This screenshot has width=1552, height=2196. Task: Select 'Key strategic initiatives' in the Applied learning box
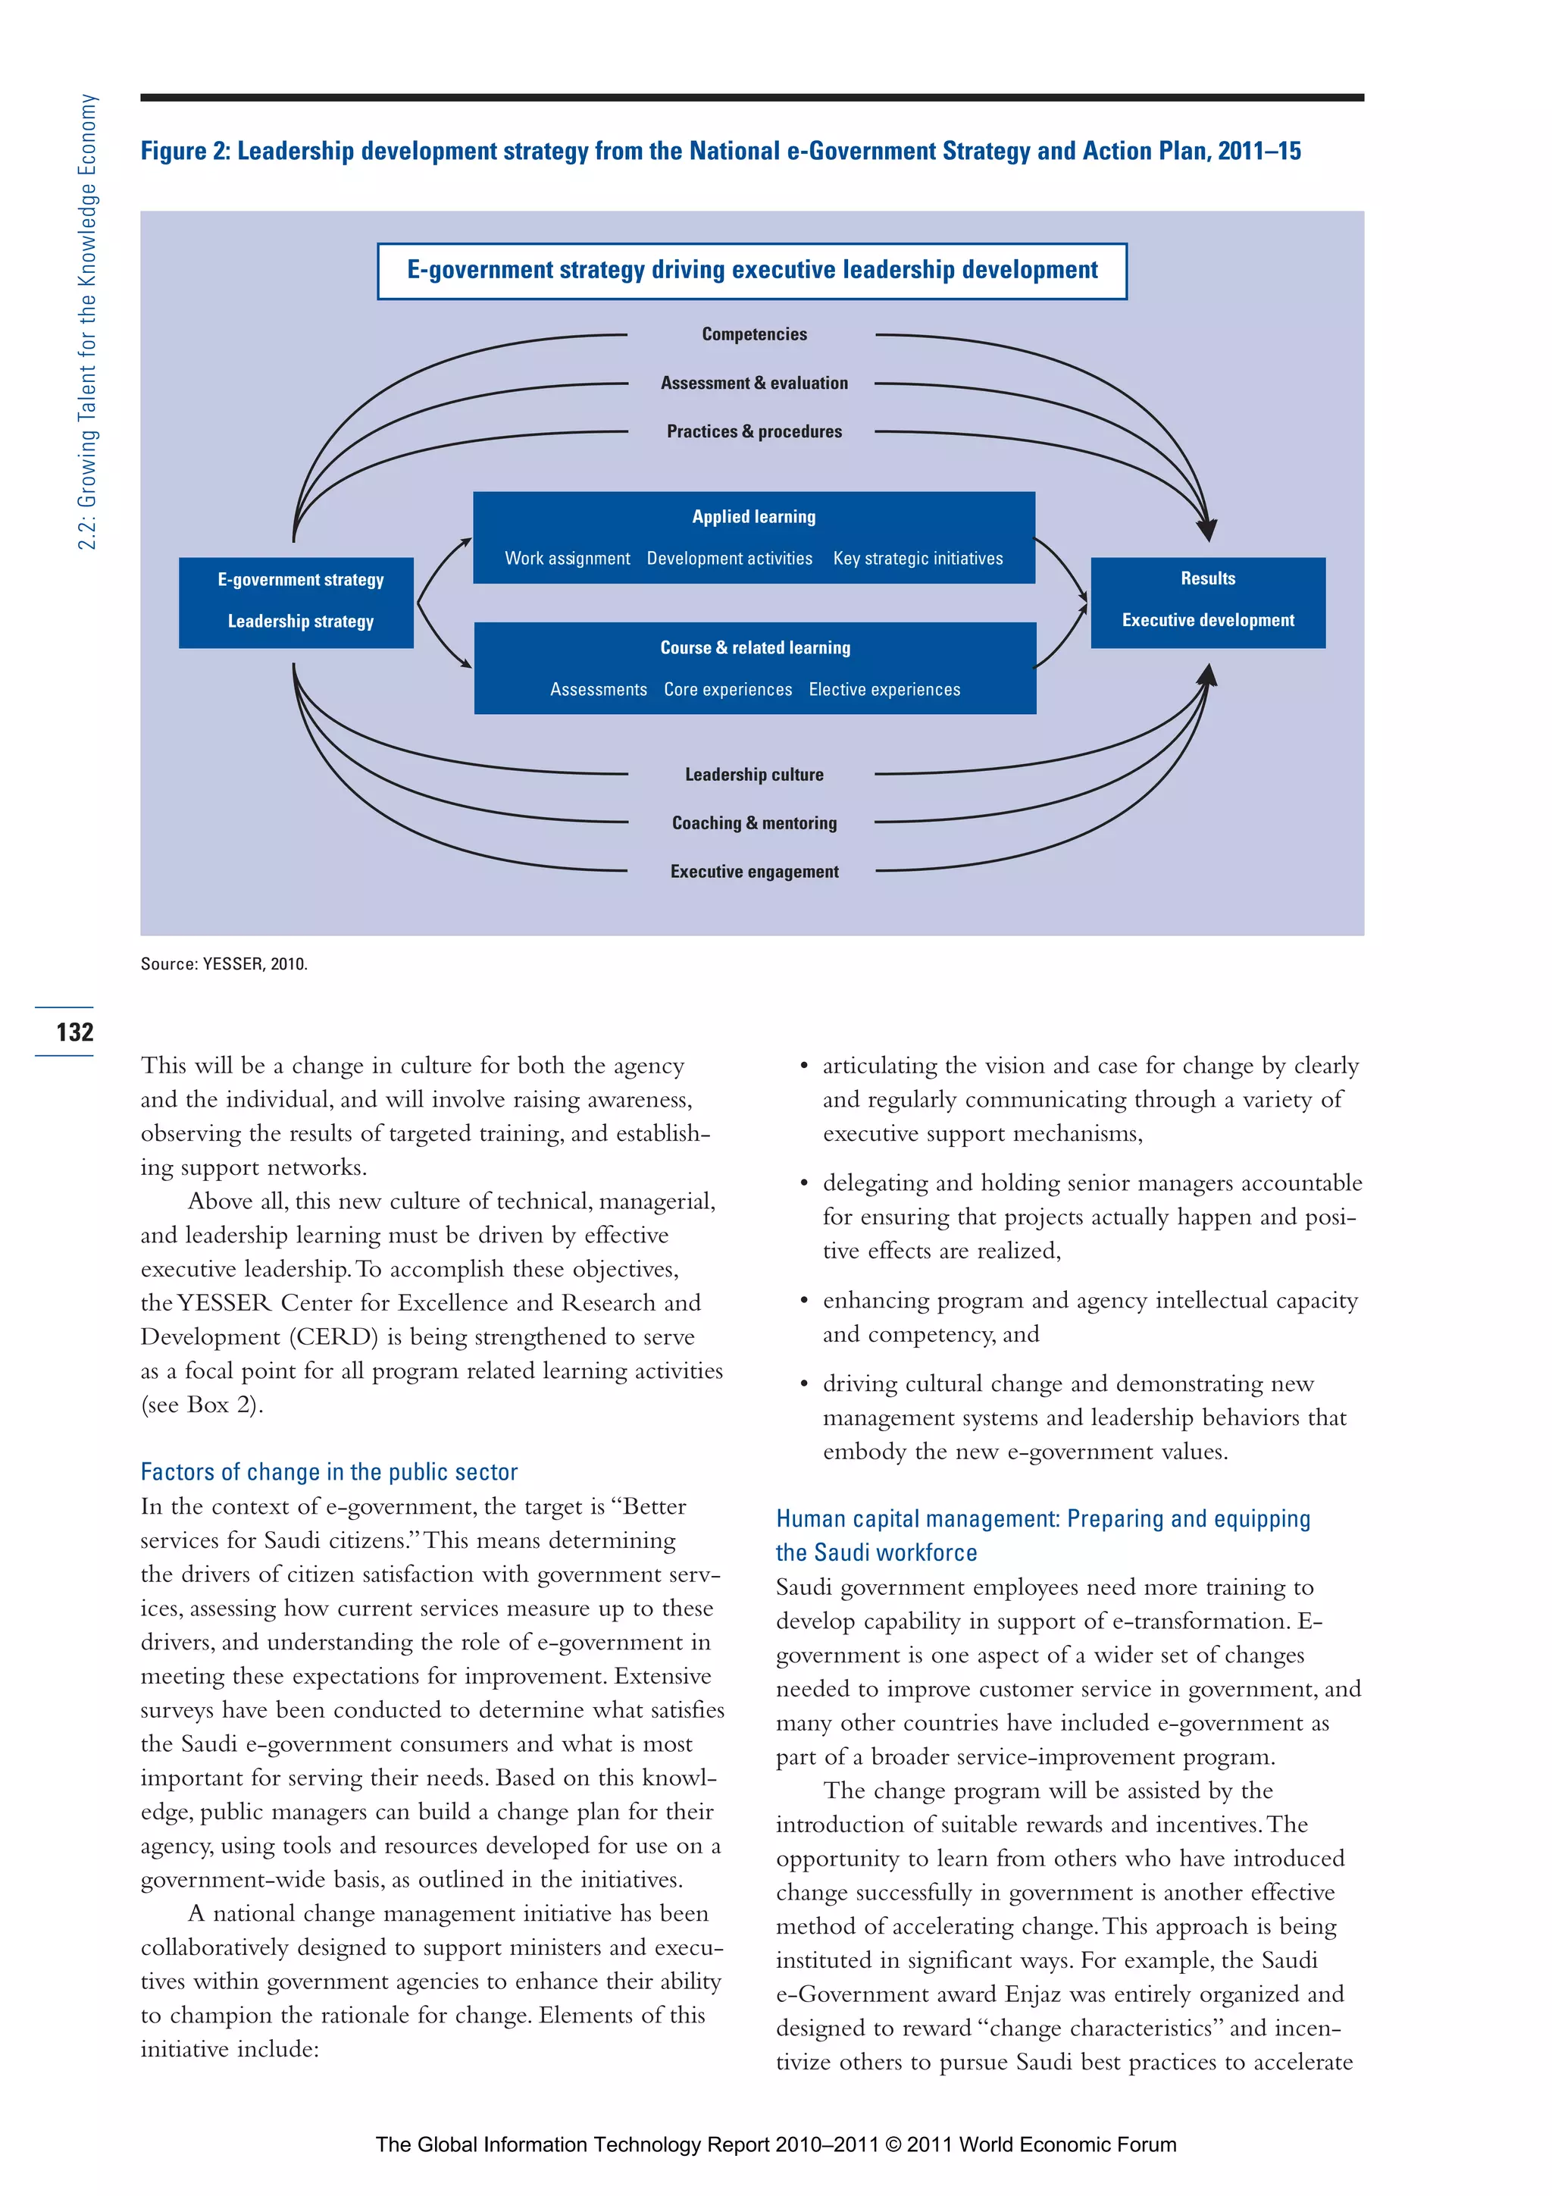tap(917, 559)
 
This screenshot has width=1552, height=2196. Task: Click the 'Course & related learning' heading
tap(755, 647)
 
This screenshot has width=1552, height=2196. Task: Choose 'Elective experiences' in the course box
tap(884, 690)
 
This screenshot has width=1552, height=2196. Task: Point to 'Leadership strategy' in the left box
tap(300, 622)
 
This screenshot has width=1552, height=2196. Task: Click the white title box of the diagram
tap(752, 271)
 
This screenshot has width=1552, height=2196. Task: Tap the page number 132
tap(74, 1032)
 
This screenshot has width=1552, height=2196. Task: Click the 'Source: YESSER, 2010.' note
tap(224, 964)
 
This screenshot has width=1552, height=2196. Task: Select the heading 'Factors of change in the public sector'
tap(329, 1472)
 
